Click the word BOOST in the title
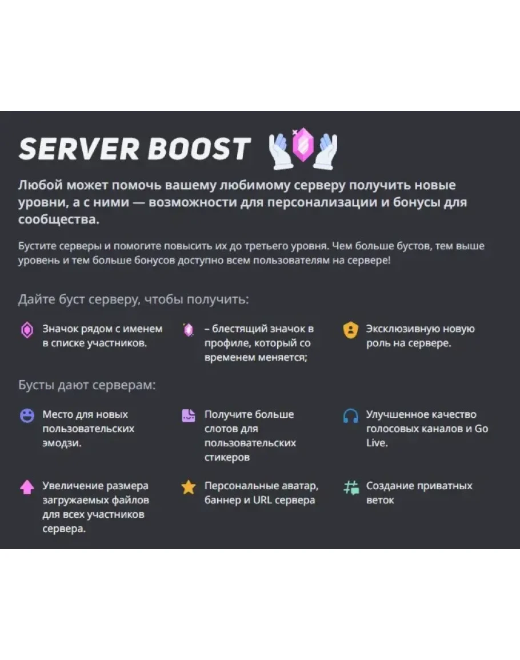(199, 149)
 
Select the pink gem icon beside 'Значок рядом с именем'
(27, 330)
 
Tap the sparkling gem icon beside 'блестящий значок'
(189, 330)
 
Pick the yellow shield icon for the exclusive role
(350, 330)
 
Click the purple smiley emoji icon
(27, 415)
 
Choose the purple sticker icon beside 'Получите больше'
(189, 415)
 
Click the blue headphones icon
(350, 415)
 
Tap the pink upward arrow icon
(27, 487)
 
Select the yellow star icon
(189, 487)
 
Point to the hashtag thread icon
(350, 487)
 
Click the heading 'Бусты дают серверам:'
(87, 385)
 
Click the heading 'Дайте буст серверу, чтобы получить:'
(133, 299)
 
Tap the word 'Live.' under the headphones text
(377, 443)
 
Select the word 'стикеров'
(227, 457)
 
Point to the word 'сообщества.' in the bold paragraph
(58, 220)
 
